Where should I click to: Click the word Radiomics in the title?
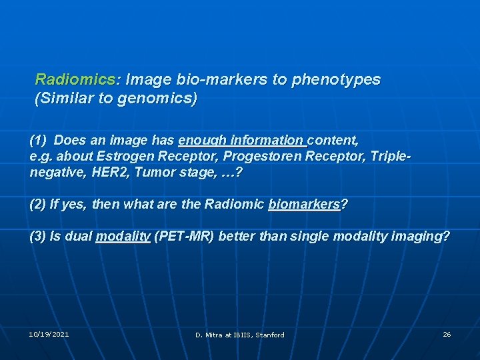(x=75, y=80)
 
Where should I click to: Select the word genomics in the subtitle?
(x=161, y=99)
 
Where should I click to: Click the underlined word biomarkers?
(x=304, y=205)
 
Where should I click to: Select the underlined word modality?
(x=123, y=237)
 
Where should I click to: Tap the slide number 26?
(x=447, y=334)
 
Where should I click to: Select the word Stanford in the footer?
(x=269, y=335)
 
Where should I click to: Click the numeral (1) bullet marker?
(x=39, y=141)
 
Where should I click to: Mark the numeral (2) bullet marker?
(x=39, y=205)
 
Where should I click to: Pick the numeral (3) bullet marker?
(x=39, y=237)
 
